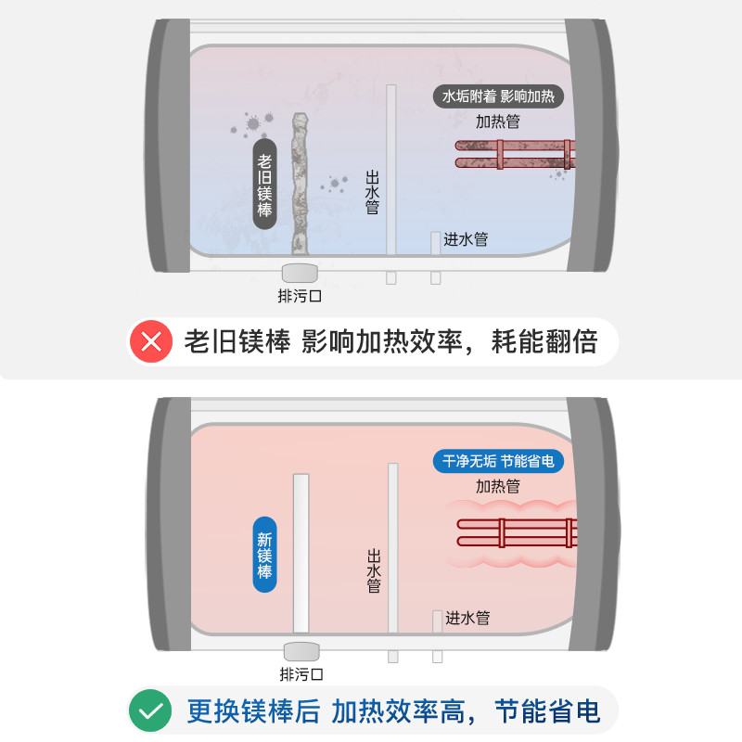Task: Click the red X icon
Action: pos(152,341)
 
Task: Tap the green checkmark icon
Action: pos(152,710)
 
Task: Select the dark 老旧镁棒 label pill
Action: pos(266,185)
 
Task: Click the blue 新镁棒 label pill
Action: pos(265,555)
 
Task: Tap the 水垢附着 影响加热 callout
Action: pos(498,96)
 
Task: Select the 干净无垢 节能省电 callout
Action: pos(498,461)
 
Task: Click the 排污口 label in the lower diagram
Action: pos(301,674)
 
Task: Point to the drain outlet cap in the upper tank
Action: pos(300,273)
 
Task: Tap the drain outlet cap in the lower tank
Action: pos(301,650)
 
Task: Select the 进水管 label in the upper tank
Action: pos(466,239)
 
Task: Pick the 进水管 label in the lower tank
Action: pos(467,618)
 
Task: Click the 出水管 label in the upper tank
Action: pos(373,192)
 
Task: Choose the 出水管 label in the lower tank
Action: pos(374,570)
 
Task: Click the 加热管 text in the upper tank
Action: pos(498,122)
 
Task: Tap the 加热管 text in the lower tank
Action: pos(498,486)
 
